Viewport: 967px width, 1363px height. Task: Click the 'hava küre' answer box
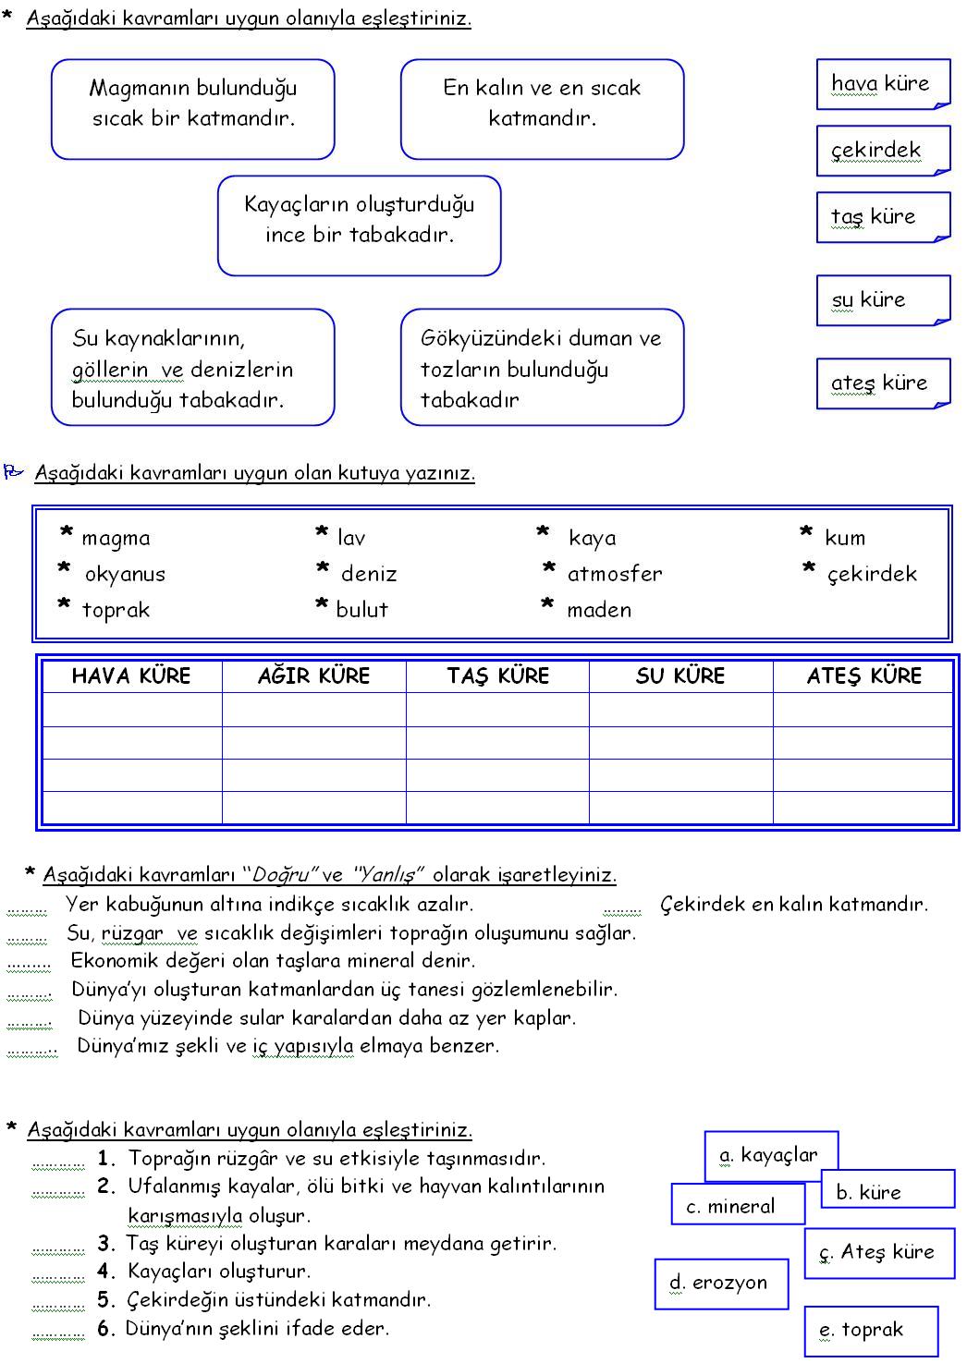coord(882,84)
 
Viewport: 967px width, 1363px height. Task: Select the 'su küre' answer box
coord(882,300)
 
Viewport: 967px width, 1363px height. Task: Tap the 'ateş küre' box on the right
coord(882,383)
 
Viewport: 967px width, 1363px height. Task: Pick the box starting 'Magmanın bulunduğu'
coord(192,109)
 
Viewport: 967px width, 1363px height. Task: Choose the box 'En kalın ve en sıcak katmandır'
coord(542,109)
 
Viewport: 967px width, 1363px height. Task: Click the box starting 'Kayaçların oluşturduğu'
coord(359,225)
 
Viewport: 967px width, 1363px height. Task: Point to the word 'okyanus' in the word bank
coord(125,575)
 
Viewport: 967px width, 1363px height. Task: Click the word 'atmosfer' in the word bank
coord(615,575)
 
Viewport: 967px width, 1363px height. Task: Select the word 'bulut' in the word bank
coord(361,611)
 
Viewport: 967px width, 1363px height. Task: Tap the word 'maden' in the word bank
coord(599,611)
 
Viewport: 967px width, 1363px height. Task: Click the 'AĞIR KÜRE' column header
coord(313,676)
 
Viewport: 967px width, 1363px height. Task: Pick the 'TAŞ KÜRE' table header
coord(497,676)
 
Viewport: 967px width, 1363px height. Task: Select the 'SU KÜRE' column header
coord(680,676)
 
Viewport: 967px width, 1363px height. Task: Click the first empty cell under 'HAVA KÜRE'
coord(132,710)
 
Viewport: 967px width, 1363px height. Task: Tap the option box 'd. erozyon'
coord(720,1284)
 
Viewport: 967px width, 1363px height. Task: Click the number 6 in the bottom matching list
coord(105,1329)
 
